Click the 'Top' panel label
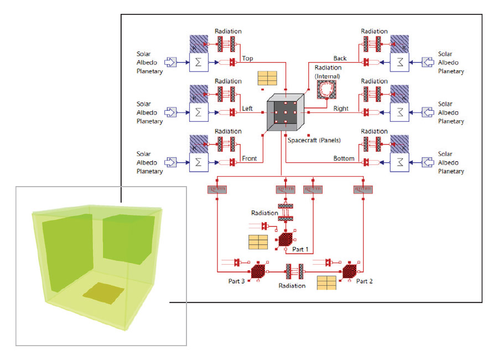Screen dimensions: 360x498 click(248, 58)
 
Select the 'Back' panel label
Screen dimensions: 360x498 click(340, 58)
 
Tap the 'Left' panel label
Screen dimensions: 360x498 click(248, 109)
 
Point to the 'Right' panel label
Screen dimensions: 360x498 click(341, 109)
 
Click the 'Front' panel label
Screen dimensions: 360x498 click(250, 158)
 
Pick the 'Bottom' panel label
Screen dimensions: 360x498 click(344, 158)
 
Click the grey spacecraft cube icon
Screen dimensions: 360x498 click(286, 112)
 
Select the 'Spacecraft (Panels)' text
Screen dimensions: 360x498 click(314, 141)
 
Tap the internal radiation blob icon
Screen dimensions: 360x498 click(327, 90)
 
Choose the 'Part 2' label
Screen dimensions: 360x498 click(365, 281)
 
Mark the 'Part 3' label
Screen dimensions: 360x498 click(237, 281)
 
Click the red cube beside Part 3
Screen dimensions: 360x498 click(258, 271)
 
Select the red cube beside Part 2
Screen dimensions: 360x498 click(349, 271)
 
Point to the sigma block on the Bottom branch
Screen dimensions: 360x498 click(400, 162)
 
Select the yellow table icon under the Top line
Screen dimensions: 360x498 click(267, 78)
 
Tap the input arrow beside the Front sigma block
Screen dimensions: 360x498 click(172, 162)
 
